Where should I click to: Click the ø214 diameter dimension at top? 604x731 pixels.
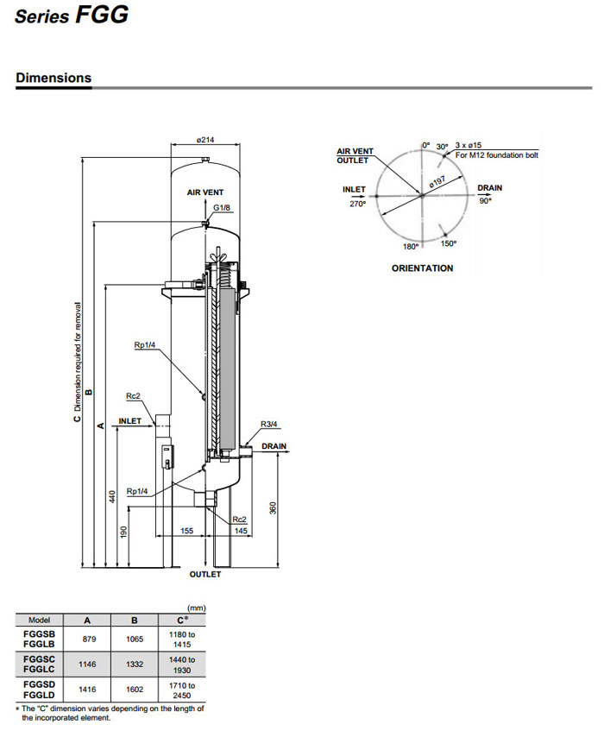(x=204, y=139)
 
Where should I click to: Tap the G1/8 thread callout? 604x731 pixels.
(x=222, y=209)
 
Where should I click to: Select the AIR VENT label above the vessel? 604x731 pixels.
(x=206, y=193)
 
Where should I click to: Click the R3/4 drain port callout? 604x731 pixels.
(x=270, y=424)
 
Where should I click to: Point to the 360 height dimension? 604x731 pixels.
(x=273, y=508)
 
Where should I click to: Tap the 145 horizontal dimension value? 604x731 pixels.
(x=241, y=530)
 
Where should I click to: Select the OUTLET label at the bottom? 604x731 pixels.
(x=205, y=574)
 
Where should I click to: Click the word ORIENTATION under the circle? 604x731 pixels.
(x=422, y=268)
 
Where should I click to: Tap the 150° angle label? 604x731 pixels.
(x=449, y=244)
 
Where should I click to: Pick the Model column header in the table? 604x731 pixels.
(x=40, y=619)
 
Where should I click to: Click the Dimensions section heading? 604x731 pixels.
(x=53, y=78)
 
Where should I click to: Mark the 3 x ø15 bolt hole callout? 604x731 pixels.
(x=473, y=146)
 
